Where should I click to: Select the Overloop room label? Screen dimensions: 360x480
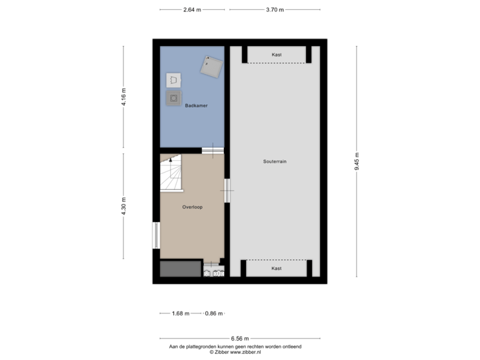coord(193,207)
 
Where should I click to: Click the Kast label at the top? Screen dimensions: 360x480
coord(276,55)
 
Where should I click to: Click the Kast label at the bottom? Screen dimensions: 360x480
coord(276,268)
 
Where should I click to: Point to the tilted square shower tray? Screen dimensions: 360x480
coord(213,65)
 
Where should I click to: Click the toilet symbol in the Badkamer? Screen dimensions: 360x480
coord(173,81)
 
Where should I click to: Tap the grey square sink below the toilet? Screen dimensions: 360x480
coord(173,99)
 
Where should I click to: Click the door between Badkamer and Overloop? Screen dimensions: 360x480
coord(213,151)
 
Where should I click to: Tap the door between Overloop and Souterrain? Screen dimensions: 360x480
coord(227,191)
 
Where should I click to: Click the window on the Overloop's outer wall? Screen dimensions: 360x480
coord(155,235)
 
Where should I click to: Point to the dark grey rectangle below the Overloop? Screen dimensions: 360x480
coord(180,269)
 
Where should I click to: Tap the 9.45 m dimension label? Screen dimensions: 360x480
coord(356,161)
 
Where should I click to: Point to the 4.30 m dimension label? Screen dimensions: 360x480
coord(124,206)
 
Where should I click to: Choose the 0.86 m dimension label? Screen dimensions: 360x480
coord(214,313)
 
